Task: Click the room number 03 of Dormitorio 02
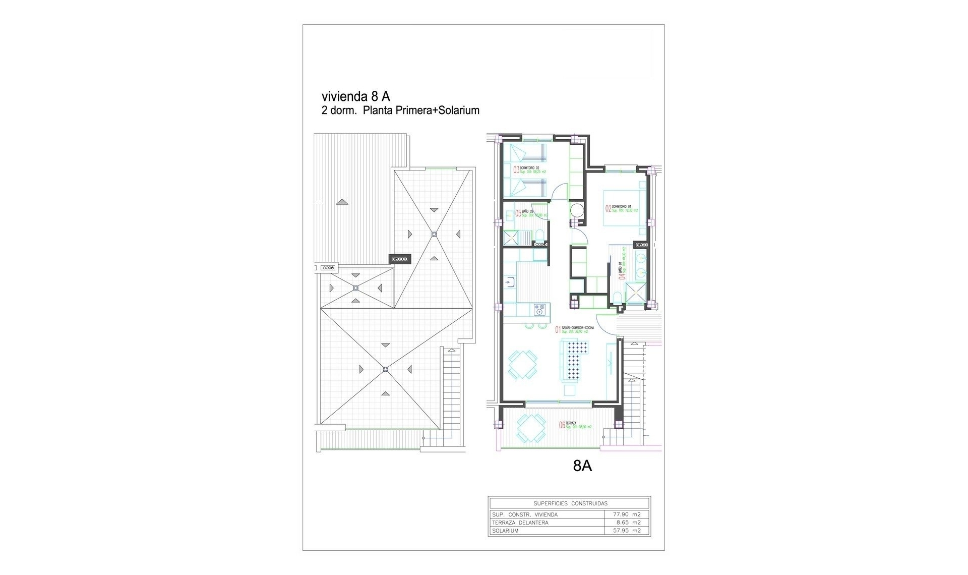tap(516, 170)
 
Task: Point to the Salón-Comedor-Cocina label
tap(577, 328)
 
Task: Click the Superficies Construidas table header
tap(570, 503)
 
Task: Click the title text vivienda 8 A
tap(356, 96)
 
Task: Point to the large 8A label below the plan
tap(582, 466)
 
